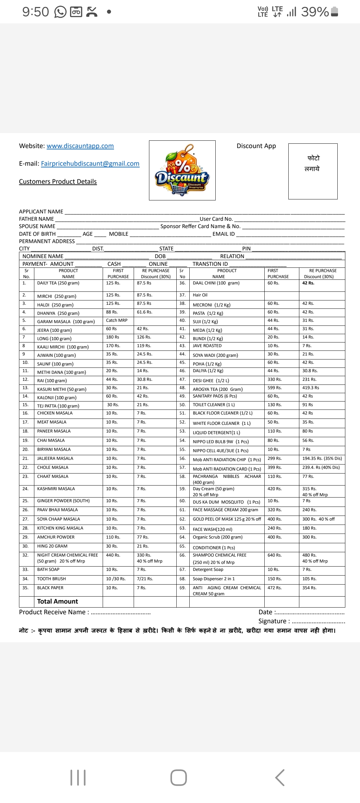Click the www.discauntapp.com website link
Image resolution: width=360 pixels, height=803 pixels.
point(80,146)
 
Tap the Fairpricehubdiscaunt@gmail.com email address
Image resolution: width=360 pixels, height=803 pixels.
point(90,163)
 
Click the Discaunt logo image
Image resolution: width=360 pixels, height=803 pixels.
point(182,170)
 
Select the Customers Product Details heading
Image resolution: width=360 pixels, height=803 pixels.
point(58,181)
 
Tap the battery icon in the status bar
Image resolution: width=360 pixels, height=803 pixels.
point(335,12)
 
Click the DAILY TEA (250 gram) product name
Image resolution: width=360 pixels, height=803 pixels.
point(58,283)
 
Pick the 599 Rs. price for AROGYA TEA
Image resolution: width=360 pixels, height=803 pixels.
point(275,388)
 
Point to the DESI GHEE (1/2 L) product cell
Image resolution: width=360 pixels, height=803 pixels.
point(211,380)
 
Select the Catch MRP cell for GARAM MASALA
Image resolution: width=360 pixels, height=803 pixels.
point(117,320)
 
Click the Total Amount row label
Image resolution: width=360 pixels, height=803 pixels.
point(57,601)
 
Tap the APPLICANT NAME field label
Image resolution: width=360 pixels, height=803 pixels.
point(41,211)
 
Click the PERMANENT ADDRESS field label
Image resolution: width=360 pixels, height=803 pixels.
point(47,241)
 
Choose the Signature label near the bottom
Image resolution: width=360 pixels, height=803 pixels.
point(272,621)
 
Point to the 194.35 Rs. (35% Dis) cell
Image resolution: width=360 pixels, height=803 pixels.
point(322,459)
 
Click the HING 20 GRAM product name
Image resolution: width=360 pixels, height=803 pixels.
point(52,546)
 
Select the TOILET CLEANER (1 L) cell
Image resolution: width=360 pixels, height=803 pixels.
point(214,405)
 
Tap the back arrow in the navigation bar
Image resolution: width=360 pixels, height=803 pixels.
point(280,777)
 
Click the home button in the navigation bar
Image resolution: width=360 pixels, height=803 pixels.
point(179,777)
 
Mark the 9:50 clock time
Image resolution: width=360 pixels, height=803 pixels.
point(35,12)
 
